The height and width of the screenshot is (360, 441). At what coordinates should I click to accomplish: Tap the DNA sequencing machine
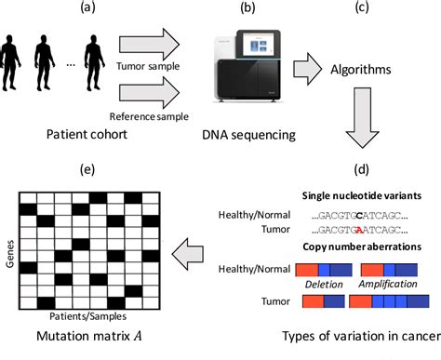(249, 69)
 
